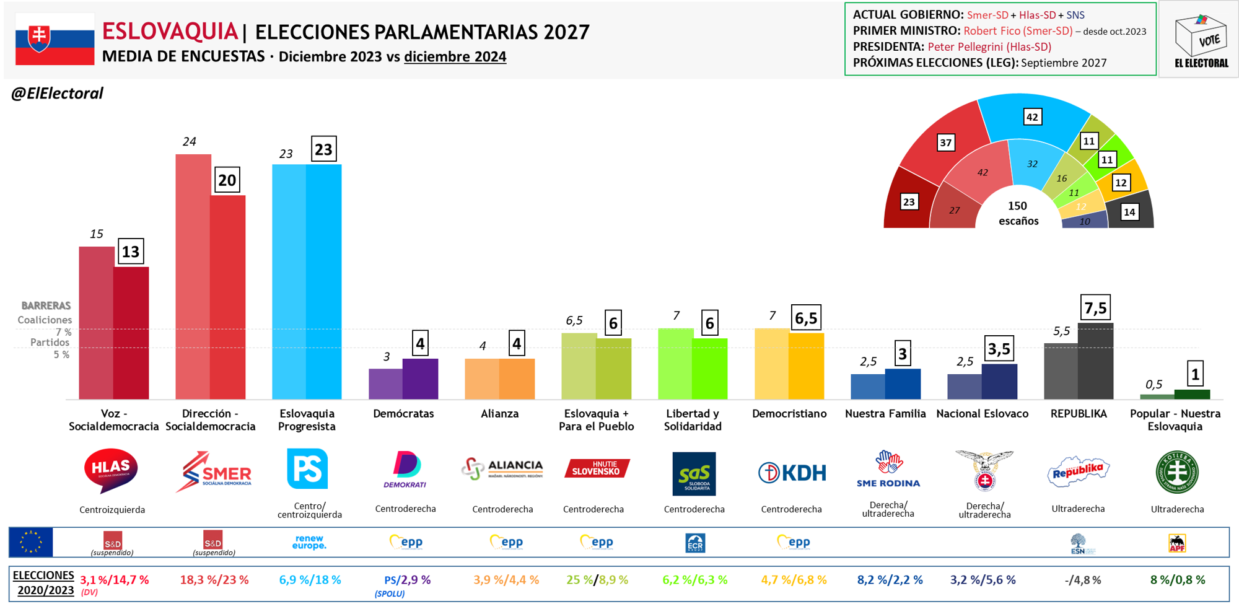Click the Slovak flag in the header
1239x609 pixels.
tap(55, 40)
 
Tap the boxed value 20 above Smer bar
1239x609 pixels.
tap(227, 180)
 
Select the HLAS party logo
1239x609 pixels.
tap(111, 471)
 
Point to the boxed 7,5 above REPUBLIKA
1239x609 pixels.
tap(1095, 308)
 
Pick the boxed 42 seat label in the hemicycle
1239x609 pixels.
tap(1032, 117)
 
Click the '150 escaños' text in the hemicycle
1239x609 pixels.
tap(1018, 213)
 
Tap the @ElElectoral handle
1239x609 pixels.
tap(57, 94)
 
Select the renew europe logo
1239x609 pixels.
tap(309, 543)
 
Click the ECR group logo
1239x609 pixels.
tap(695, 543)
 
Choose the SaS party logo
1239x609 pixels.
tap(694, 474)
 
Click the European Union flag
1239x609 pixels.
tap(31, 542)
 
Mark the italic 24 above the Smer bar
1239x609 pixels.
tap(189, 142)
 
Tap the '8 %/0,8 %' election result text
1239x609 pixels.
tap(1178, 580)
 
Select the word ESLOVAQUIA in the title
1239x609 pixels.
tap(170, 31)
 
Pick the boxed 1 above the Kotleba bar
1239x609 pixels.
tap(1195, 374)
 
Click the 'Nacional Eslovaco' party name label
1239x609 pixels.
tap(983, 414)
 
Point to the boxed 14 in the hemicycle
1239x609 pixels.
tap(1129, 212)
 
